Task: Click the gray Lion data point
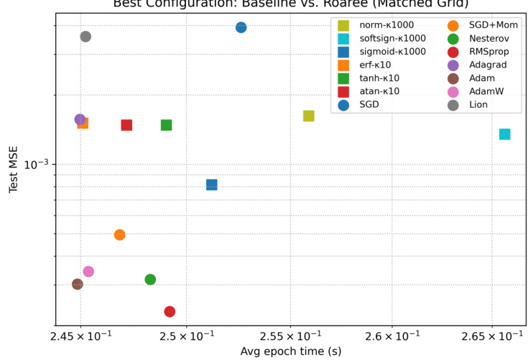pos(85,37)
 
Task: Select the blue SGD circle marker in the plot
pos(241,27)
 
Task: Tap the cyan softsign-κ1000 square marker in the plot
pos(505,134)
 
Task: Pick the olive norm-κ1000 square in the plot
pos(309,116)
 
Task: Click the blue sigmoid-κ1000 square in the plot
pos(212,185)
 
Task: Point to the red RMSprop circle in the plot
pos(170,312)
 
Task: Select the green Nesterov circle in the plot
pos(150,280)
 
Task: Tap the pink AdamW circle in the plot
pos(88,272)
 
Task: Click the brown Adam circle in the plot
pos(78,284)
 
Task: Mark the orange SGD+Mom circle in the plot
pos(120,235)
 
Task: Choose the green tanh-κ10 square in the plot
pos(167,125)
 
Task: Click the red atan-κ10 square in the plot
pos(126,125)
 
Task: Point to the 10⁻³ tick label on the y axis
pos(35,165)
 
